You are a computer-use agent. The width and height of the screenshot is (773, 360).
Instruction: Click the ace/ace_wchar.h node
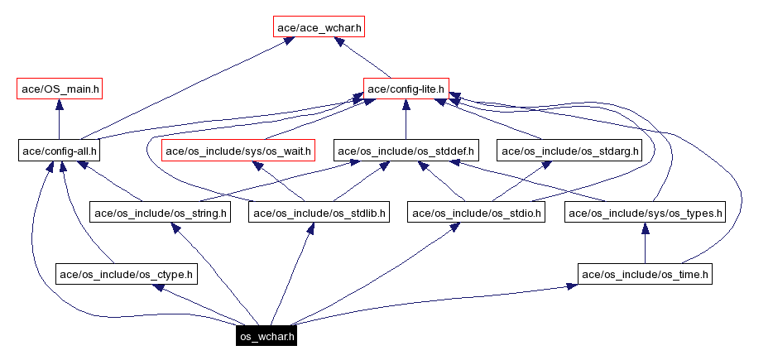(x=319, y=27)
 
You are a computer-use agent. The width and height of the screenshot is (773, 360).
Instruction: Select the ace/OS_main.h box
(x=59, y=89)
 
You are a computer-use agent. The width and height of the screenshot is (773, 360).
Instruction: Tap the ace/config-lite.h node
(x=406, y=89)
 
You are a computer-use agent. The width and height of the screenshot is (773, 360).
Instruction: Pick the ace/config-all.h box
(x=59, y=151)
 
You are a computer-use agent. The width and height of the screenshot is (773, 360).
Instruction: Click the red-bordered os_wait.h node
(x=238, y=151)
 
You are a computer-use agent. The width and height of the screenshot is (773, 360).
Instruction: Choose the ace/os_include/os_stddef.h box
(x=406, y=151)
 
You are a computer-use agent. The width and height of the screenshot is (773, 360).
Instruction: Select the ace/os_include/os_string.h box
(x=161, y=213)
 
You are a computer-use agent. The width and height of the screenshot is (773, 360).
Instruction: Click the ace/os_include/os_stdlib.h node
(x=319, y=213)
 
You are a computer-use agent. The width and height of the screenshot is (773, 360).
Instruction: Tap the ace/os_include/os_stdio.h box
(x=477, y=213)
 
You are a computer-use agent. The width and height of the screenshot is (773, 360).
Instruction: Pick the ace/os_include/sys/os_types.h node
(x=645, y=213)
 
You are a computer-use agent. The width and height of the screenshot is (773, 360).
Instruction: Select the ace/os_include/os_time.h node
(x=645, y=274)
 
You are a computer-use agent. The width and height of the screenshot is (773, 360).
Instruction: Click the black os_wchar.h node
(x=266, y=336)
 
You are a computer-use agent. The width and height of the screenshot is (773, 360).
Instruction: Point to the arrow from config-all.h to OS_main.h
(x=59, y=120)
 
